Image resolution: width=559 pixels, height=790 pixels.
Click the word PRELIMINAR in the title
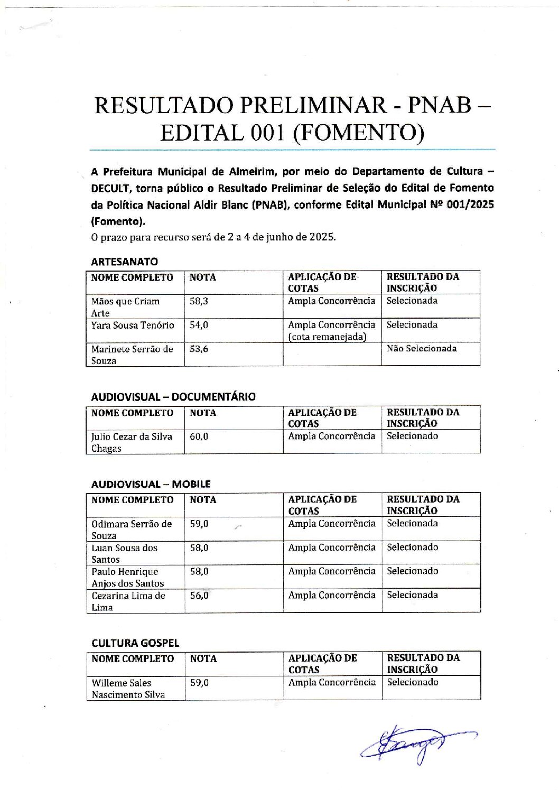pos(314,105)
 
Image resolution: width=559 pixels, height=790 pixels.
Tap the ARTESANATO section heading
pos(124,262)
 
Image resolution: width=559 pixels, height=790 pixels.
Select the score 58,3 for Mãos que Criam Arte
pos(199,301)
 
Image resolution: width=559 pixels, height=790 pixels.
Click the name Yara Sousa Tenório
pos(132,325)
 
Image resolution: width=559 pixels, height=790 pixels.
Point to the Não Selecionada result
pos(421,349)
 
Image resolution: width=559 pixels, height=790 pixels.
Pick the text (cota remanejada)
pos(327,337)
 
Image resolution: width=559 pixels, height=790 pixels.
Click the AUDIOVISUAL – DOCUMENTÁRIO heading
pos(173,397)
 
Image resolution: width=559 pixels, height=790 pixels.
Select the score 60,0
pos(199,436)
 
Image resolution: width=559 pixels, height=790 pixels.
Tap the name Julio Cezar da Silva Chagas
pos(132,442)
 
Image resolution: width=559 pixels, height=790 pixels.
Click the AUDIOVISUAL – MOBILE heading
pos(151,484)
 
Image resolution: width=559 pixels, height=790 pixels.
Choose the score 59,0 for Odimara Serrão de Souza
pos(199,524)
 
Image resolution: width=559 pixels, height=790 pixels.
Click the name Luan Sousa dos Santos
pos(124,553)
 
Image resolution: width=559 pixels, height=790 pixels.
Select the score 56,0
pos(199,596)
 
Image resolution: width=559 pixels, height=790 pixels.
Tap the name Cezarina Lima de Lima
pos(128,601)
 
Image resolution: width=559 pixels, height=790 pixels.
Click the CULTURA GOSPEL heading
pos(135,643)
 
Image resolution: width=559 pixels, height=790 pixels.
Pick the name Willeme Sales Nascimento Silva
pos(128,689)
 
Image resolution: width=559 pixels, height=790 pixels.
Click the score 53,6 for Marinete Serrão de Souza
pos(199,349)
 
